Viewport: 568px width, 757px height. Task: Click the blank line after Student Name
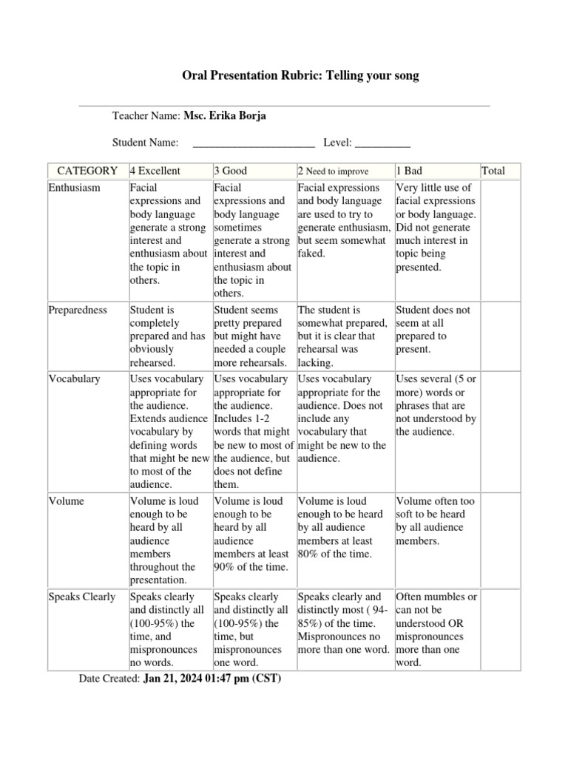click(x=254, y=142)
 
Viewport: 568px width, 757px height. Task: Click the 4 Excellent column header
click(x=155, y=171)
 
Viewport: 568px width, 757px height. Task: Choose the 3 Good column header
click(x=231, y=171)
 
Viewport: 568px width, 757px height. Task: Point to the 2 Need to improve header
click(x=333, y=171)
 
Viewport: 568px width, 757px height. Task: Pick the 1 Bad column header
click(x=409, y=171)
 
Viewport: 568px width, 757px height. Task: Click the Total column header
click(x=493, y=171)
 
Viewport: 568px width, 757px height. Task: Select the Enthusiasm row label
click(x=74, y=188)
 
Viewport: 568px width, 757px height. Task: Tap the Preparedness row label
click(x=78, y=310)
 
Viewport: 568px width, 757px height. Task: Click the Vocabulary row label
click(x=74, y=378)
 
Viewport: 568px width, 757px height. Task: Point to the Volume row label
click(x=67, y=501)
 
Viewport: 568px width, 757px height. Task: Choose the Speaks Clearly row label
click(x=82, y=597)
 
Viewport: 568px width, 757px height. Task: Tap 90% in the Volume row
click(x=226, y=567)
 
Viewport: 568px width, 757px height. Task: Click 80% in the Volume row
click(x=309, y=554)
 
